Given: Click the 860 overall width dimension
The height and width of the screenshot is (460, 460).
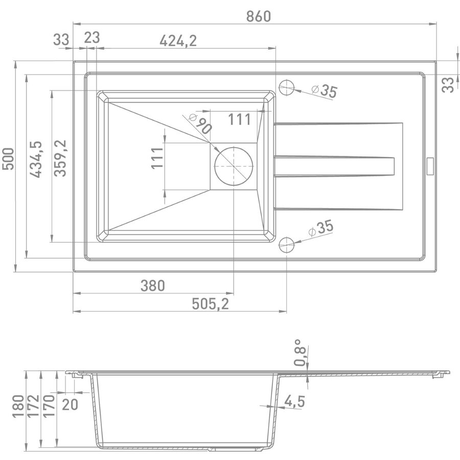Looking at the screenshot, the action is [259, 16].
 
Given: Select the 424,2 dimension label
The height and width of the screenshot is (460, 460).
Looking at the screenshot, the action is [178, 41].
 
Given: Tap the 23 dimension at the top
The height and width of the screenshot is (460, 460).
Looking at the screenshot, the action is [92, 38].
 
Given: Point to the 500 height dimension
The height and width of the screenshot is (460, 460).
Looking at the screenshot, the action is [8, 159].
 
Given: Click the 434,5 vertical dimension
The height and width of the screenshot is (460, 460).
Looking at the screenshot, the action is [36, 159].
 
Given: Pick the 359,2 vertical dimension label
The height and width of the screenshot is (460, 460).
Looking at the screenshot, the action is [60, 158].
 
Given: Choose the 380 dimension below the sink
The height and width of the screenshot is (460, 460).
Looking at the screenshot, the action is [152, 285].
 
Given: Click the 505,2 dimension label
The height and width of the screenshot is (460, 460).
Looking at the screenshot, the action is [210, 304].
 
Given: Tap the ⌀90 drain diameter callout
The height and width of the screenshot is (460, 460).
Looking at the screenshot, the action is [201, 123].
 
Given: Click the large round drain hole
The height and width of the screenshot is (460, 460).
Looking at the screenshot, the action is [234, 166].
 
